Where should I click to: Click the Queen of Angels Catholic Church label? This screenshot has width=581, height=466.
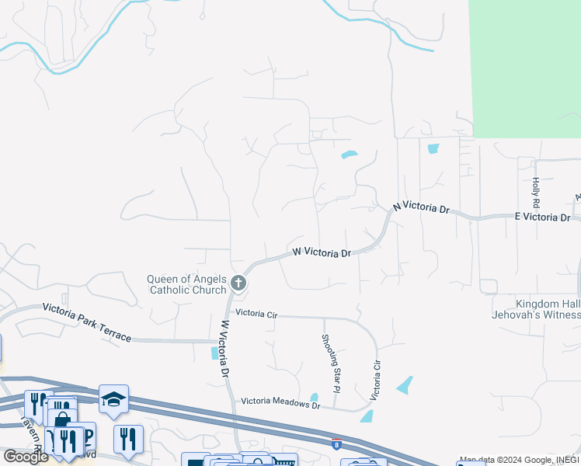[x=187, y=285]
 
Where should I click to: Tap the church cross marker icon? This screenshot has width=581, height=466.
[x=238, y=283]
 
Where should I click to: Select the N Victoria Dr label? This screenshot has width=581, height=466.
[x=422, y=208]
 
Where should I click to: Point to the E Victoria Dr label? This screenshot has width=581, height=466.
[x=542, y=217]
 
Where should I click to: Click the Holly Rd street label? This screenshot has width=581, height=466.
[x=536, y=192]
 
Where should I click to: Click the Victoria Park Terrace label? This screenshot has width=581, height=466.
[x=86, y=323]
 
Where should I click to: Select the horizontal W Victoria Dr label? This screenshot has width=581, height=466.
[x=322, y=252]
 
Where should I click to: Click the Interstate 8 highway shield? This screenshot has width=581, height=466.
[x=336, y=444]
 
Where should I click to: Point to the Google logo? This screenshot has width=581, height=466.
[x=26, y=457]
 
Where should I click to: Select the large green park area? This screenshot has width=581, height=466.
[x=524, y=66]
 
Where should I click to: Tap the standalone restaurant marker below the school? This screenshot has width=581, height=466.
[x=128, y=439]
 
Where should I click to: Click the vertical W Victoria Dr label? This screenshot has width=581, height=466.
[x=225, y=349]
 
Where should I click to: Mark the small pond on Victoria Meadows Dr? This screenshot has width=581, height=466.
[x=315, y=398]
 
